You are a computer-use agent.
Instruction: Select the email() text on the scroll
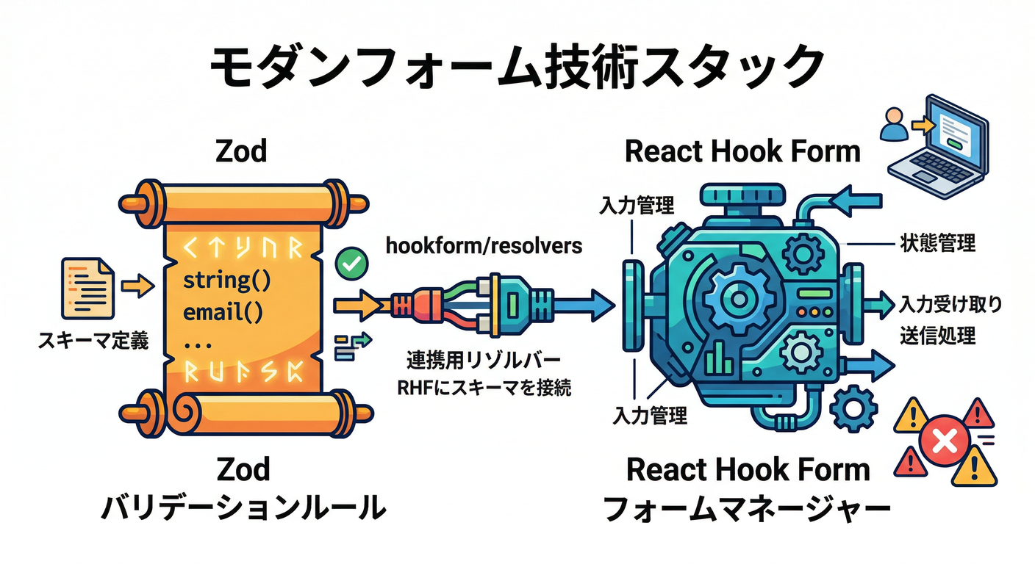[x=222, y=312]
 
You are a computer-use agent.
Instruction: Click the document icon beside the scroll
[x=88, y=286]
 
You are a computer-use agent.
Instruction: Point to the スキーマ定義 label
[x=93, y=341]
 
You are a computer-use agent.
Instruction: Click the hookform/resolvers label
[x=484, y=245]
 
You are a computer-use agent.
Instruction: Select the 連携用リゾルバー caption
[x=484, y=361]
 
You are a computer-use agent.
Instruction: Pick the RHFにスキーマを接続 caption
[x=484, y=387]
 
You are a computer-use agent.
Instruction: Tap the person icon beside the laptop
[x=895, y=126]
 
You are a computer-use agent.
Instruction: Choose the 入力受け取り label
[x=951, y=303]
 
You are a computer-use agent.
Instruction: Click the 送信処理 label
[x=937, y=336]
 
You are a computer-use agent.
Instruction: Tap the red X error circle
[x=943, y=442]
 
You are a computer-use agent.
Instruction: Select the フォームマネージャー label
[x=748, y=508]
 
